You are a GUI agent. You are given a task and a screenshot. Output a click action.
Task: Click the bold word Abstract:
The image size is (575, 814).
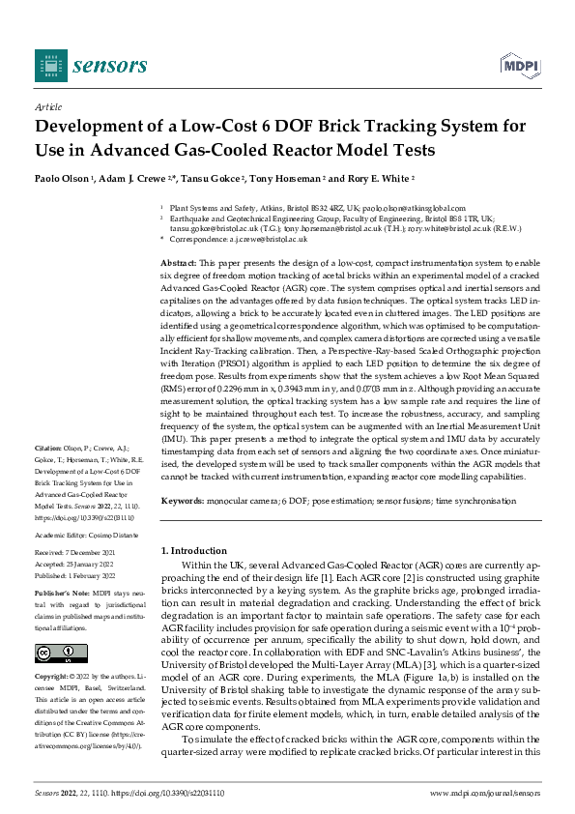coord(179,263)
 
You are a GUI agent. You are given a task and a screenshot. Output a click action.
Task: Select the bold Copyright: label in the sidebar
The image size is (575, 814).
coord(54,677)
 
